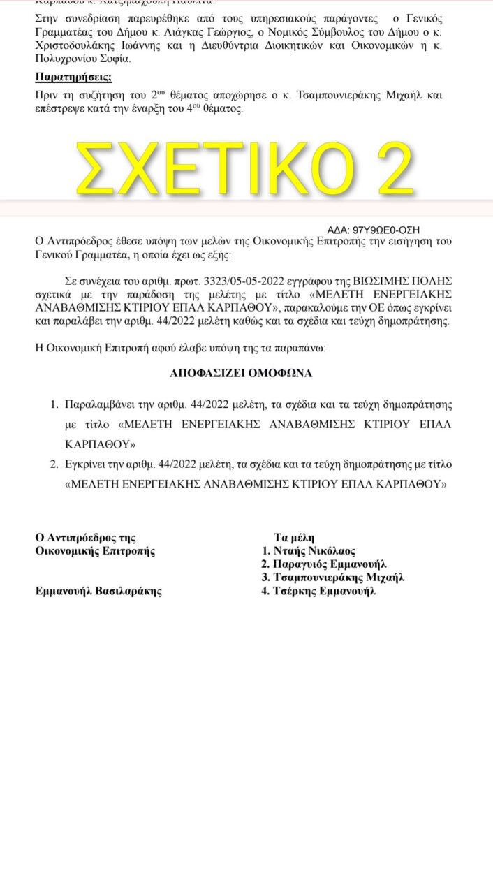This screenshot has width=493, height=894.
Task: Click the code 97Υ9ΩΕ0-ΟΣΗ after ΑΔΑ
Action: click(x=387, y=229)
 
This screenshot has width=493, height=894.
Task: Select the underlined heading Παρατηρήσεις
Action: click(x=73, y=77)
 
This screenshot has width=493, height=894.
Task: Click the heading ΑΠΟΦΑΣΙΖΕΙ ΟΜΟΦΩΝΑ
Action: click(x=241, y=373)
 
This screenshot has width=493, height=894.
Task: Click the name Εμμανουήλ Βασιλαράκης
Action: click(x=98, y=591)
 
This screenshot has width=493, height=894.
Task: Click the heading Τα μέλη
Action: click(x=294, y=537)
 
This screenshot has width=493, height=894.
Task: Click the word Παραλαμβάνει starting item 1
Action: click(x=97, y=404)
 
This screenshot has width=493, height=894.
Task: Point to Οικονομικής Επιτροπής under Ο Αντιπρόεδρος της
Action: click(x=95, y=550)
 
